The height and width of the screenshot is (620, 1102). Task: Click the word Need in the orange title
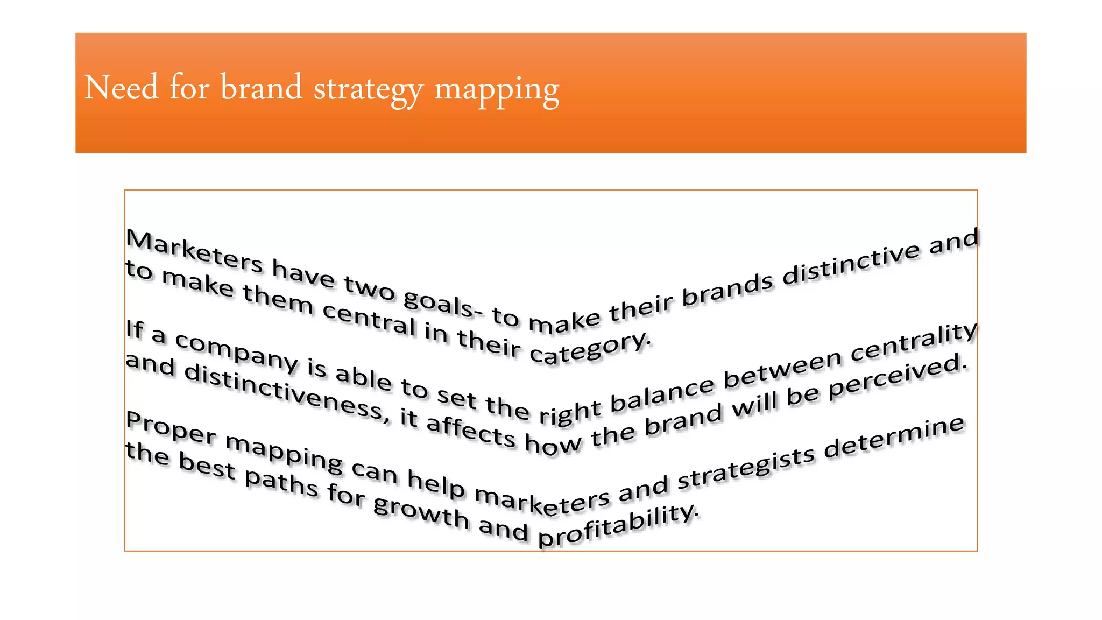[x=122, y=87]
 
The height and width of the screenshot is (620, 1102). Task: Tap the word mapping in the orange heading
[x=497, y=89]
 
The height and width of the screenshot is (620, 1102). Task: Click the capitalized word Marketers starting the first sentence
[x=194, y=250]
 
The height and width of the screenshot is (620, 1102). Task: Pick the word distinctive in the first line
[x=851, y=264]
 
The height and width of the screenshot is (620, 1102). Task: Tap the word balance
[x=662, y=397]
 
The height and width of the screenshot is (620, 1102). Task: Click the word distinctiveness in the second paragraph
[x=284, y=391]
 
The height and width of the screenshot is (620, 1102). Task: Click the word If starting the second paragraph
[x=135, y=329]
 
